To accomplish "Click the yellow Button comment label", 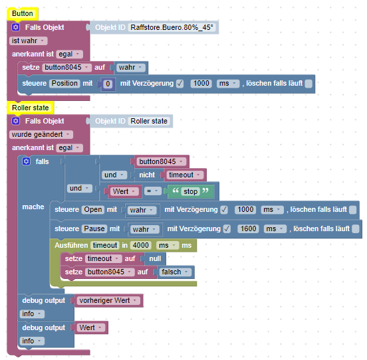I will [x=23, y=13].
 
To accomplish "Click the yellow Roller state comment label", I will [x=31, y=107].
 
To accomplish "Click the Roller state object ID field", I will [x=150, y=121].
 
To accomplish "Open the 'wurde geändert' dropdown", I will [x=40, y=134].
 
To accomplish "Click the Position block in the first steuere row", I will [x=64, y=83].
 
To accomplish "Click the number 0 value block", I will [x=108, y=84].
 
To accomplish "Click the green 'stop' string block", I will [x=190, y=192].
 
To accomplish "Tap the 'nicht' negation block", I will [x=146, y=175].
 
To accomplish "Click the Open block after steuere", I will [x=92, y=209].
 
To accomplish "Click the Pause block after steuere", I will [x=95, y=229].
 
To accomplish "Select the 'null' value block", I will [x=155, y=258].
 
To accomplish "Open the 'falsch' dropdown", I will [x=176, y=272].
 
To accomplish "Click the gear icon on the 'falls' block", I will [x=26, y=161].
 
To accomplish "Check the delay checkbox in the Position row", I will [x=180, y=83].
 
